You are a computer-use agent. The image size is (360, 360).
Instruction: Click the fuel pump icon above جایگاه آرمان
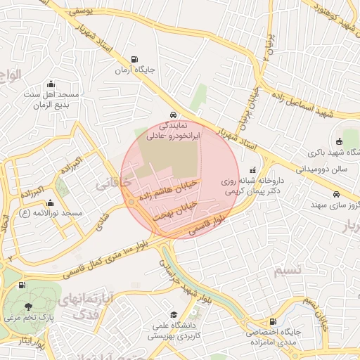tap(134, 60)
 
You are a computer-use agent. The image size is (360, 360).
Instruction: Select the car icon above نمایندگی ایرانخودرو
tap(173, 115)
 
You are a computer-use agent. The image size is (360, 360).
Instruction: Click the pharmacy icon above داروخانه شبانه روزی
tap(252, 169)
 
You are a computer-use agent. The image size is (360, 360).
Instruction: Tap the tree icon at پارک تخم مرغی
tap(27, 306)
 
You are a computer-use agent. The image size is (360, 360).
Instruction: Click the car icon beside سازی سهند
tap(337, 195)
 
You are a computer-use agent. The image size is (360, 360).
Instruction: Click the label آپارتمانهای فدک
tap(88, 308)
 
